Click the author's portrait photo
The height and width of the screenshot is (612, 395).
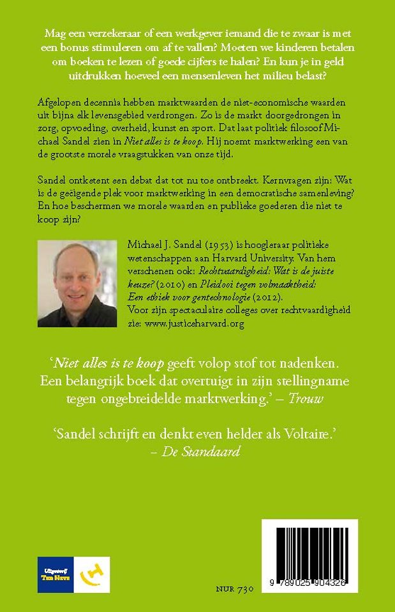pyautogui.click(x=77, y=284)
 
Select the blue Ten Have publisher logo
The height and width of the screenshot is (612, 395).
pyautogui.click(x=56, y=574)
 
